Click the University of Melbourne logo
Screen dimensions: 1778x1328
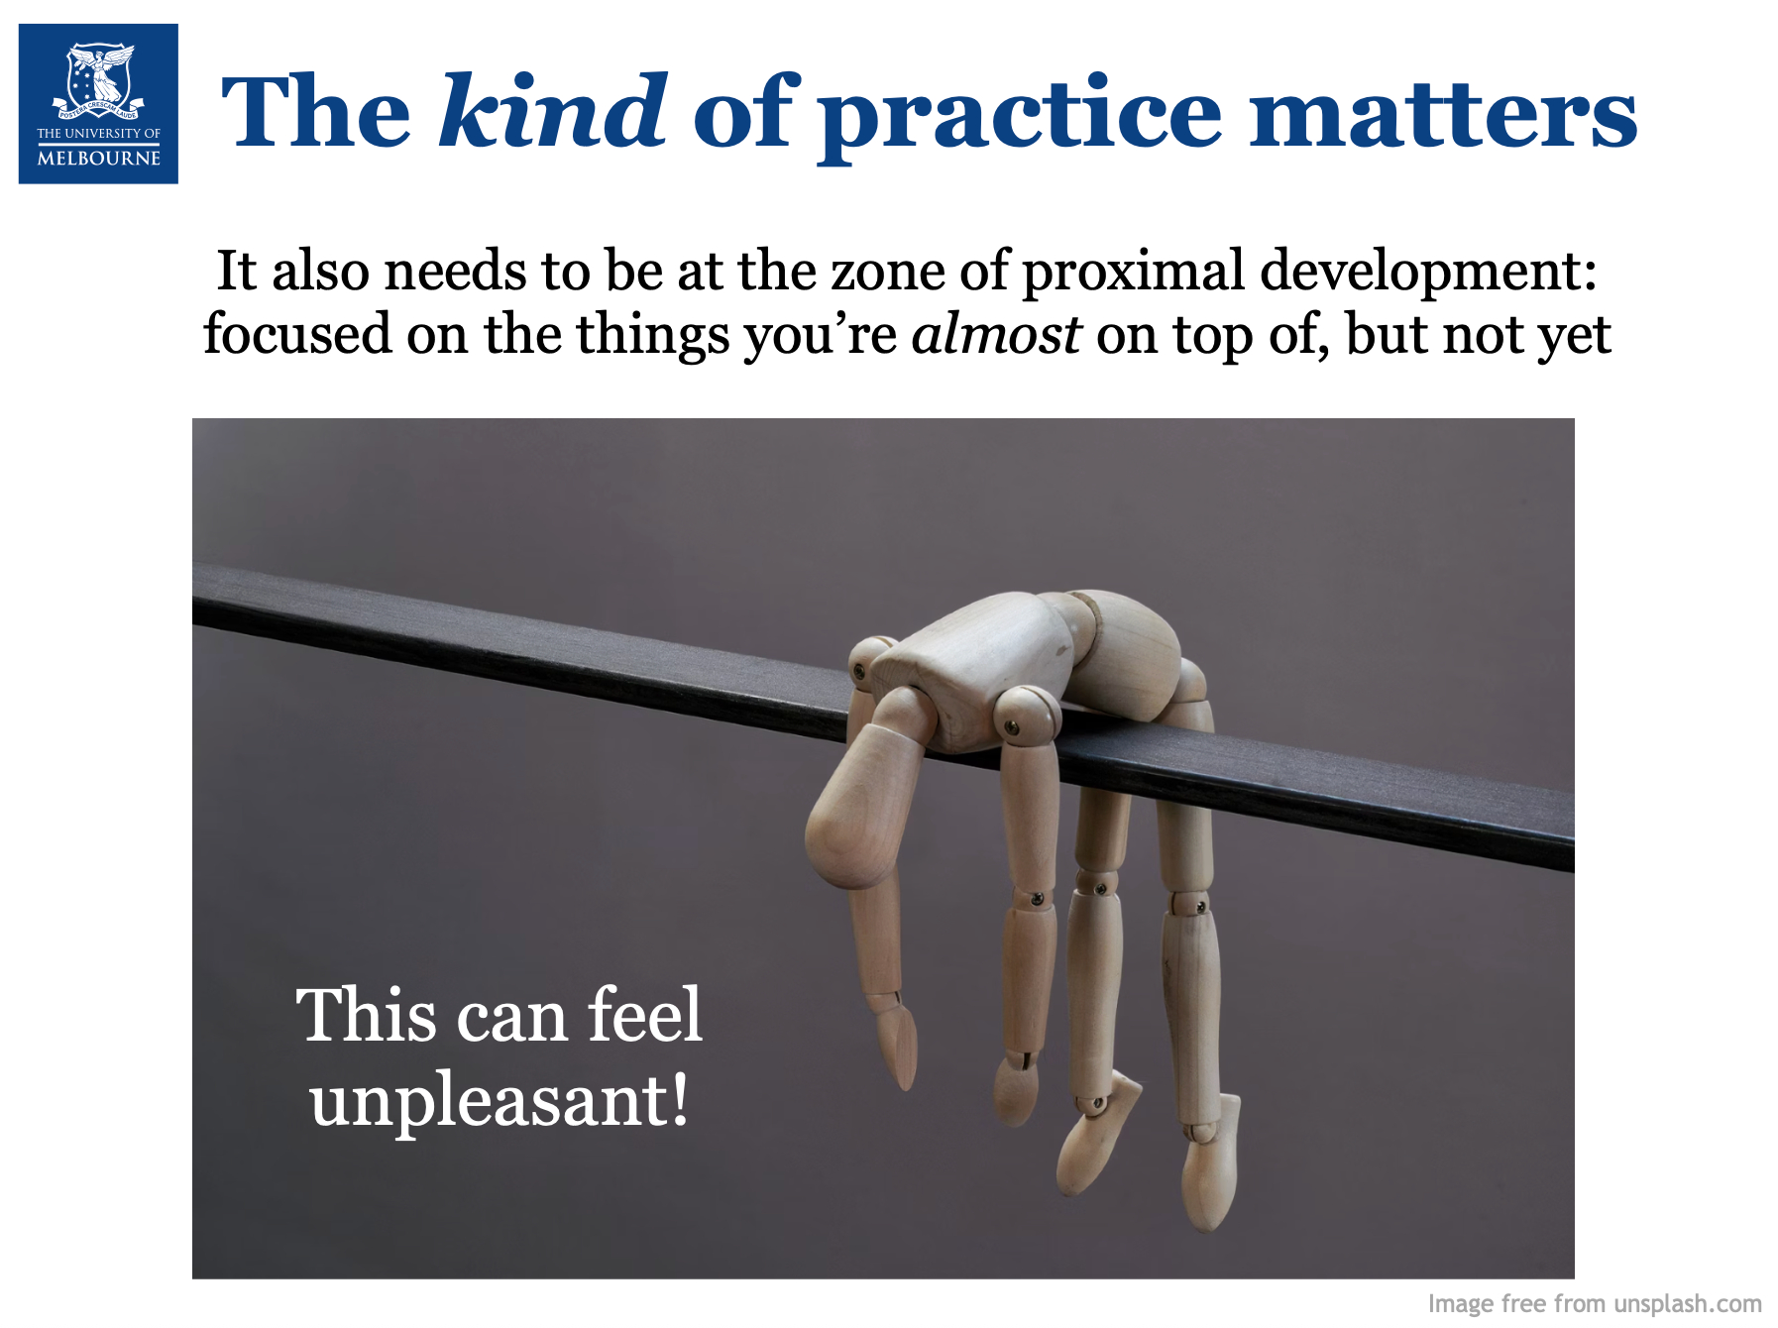(x=98, y=104)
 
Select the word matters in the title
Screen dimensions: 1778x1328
(x=1443, y=114)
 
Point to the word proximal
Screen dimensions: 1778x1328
(x=1133, y=273)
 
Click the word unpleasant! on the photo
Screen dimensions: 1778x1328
(x=500, y=1101)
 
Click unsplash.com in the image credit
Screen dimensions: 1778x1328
(x=1688, y=1303)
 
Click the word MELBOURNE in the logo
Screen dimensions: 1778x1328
(x=99, y=158)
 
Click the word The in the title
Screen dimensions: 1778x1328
(x=316, y=111)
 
